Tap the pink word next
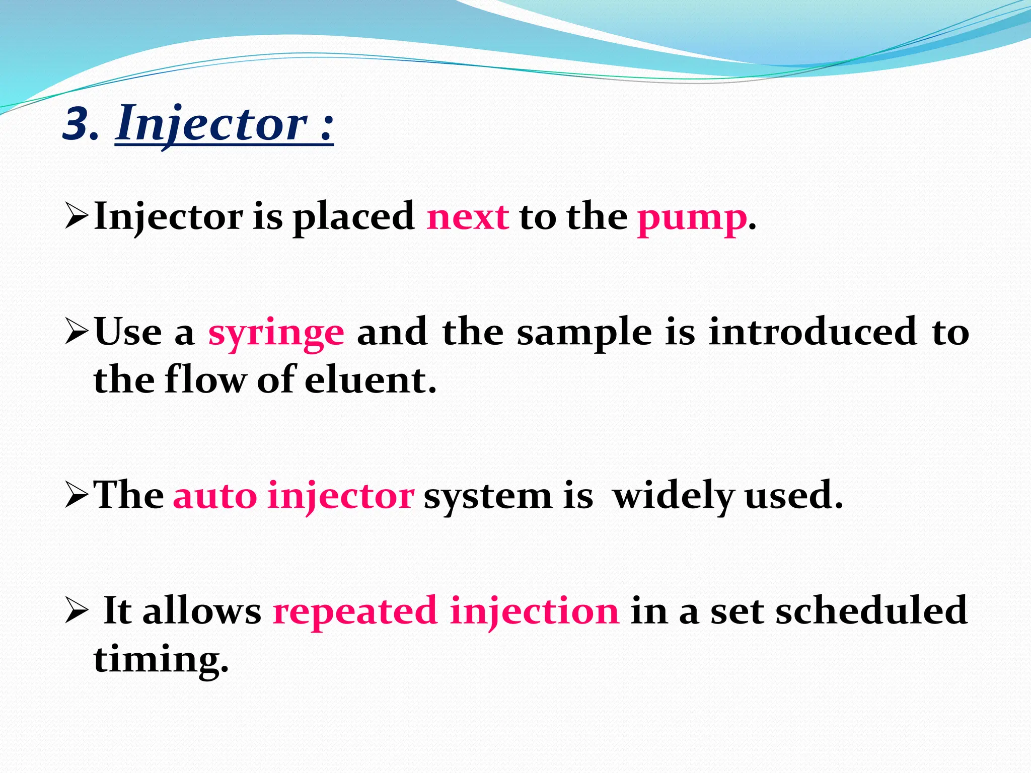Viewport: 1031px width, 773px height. point(468,217)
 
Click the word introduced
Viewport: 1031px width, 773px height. point(813,332)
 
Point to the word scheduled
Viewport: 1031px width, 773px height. point(871,610)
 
